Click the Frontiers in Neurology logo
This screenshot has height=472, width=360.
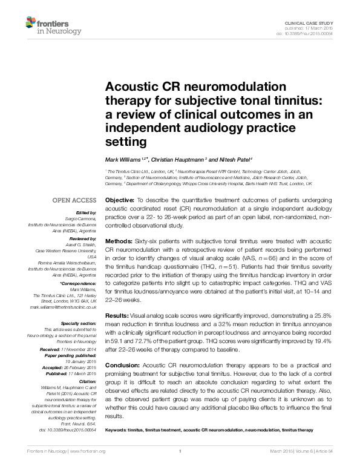point(53,25)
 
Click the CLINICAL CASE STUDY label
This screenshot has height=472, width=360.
point(314,22)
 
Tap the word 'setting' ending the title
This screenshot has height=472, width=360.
point(126,142)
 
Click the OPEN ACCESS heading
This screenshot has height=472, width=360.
point(74,200)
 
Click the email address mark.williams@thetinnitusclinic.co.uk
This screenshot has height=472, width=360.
point(64,307)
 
